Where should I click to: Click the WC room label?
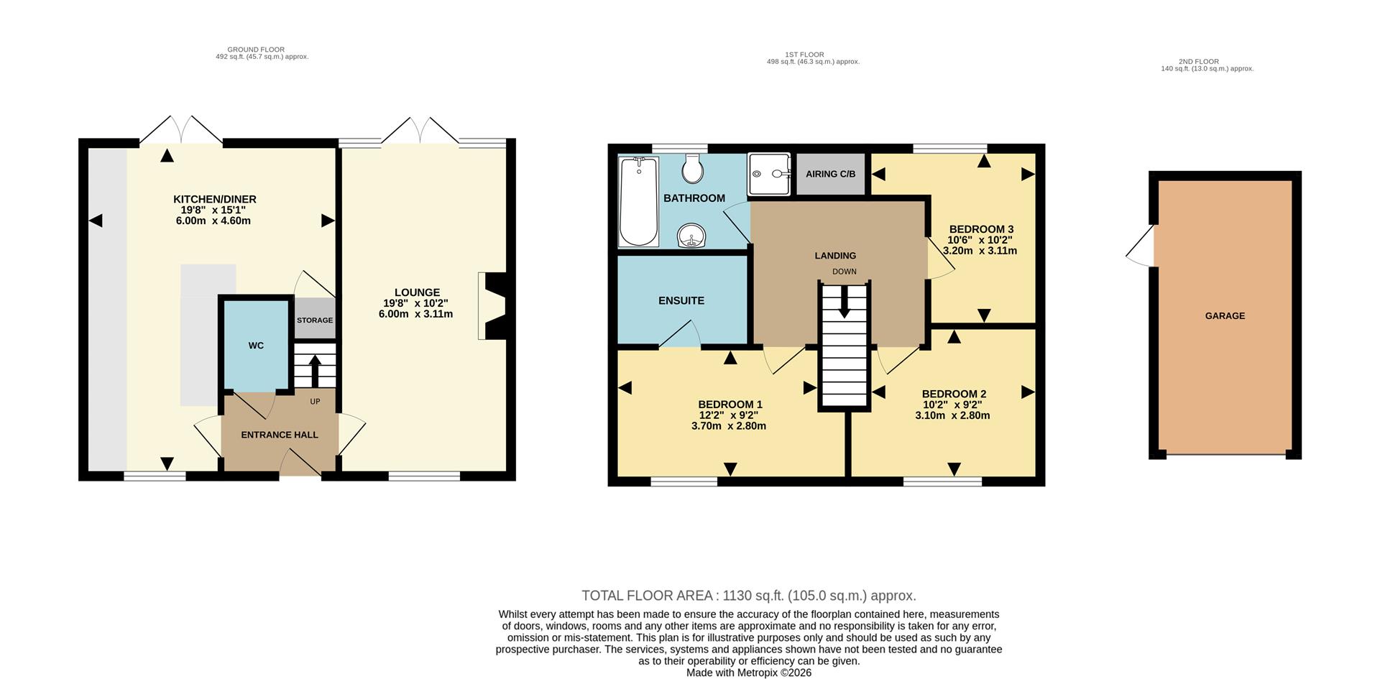click(256, 346)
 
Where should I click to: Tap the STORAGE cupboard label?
click(315, 320)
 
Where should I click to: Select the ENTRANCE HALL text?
click(280, 435)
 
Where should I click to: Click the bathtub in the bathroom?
click(638, 202)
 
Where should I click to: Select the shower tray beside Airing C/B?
click(768, 173)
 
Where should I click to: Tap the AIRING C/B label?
click(830, 174)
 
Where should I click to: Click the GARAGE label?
click(1225, 316)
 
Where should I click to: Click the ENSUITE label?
click(681, 301)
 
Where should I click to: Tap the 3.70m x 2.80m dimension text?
click(728, 426)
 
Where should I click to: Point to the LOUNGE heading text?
click(417, 292)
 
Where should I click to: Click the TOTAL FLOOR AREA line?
click(748, 596)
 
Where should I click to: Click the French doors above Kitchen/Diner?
click(180, 130)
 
